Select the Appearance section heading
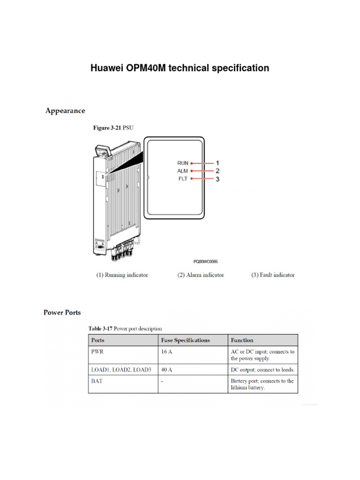pyautogui.click(x=65, y=111)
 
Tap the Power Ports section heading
pyautogui.click(x=62, y=312)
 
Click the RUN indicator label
pyautogui.click(x=182, y=163)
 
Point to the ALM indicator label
pyautogui.click(x=182, y=171)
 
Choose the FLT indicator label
pyautogui.click(x=182, y=179)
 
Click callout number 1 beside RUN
pyautogui.click(x=217, y=163)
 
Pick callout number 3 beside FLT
pyautogui.click(x=217, y=179)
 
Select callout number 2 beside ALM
pyautogui.click(x=217, y=171)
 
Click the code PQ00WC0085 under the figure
pyautogui.click(x=205, y=262)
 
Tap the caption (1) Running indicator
pyautogui.click(x=122, y=275)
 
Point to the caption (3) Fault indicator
pyautogui.click(x=273, y=275)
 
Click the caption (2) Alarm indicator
pyautogui.click(x=201, y=275)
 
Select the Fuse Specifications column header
pyautogui.click(x=186, y=340)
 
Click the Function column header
pyautogui.click(x=242, y=340)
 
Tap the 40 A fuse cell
pyautogui.click(x=166, y=369)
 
